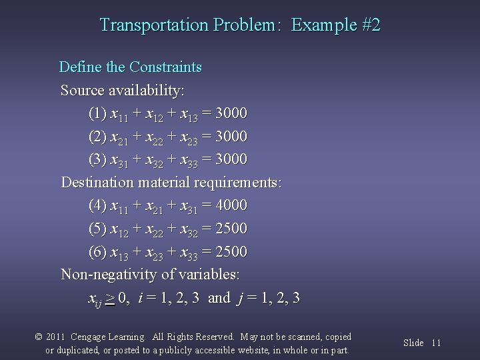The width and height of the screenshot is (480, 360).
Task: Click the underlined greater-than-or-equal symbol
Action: tap(109, 297)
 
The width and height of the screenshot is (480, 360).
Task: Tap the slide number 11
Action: tap(437, 343)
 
